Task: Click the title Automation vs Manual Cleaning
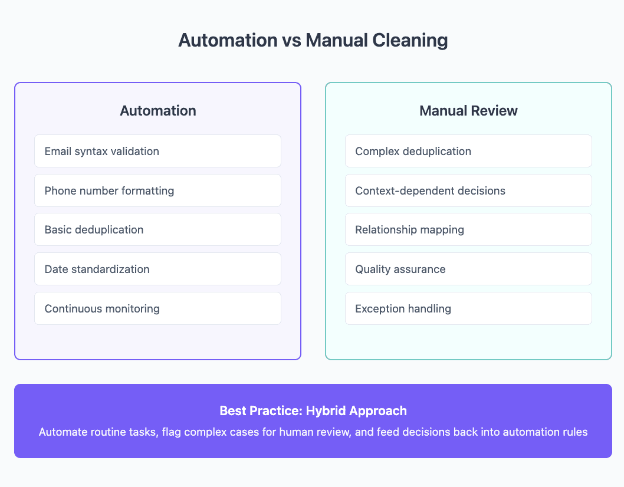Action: pyautogui.click(x=313, y=40)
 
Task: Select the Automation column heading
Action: pyautogui.click(x=158, y=111)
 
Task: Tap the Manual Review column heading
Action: pyautogui.click(x=468, y=111)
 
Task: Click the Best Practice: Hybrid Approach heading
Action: pyautogui.click(x=313, y=410)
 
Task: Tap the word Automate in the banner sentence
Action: pyautogui.click(x=62, y=432)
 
